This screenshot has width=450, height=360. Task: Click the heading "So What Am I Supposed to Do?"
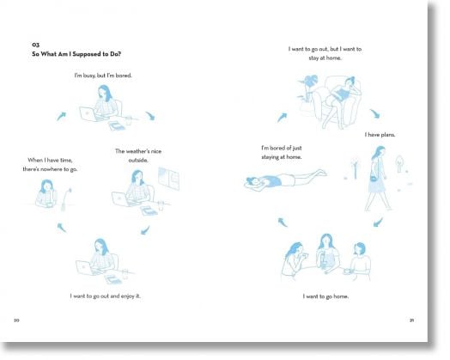(x=76, y=54)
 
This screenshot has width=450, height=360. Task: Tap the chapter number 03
(x=35, y=45)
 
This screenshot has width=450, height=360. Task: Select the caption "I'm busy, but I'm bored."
(x=103, y=76)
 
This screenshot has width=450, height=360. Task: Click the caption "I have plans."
(x=380, y=135)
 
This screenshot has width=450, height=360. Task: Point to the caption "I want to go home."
(x=325, y=296)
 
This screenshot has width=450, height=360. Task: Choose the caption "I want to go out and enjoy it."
(x=106, y=296)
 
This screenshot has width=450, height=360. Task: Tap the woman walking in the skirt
(x=377, y=178)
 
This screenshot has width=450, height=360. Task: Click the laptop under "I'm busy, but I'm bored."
(x=88, y=114)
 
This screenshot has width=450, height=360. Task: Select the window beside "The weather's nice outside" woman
(x=168, y=179)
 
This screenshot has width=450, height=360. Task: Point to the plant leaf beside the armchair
(x=307, y=81)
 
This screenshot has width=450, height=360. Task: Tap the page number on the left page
(x=16, y=320)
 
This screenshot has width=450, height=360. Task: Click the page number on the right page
(x=412, y=320)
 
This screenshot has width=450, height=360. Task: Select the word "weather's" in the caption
(x=137, y=151)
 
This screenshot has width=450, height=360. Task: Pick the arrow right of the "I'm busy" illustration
(x=150, y=116)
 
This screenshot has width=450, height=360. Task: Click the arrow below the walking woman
(x=378, y=222)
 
